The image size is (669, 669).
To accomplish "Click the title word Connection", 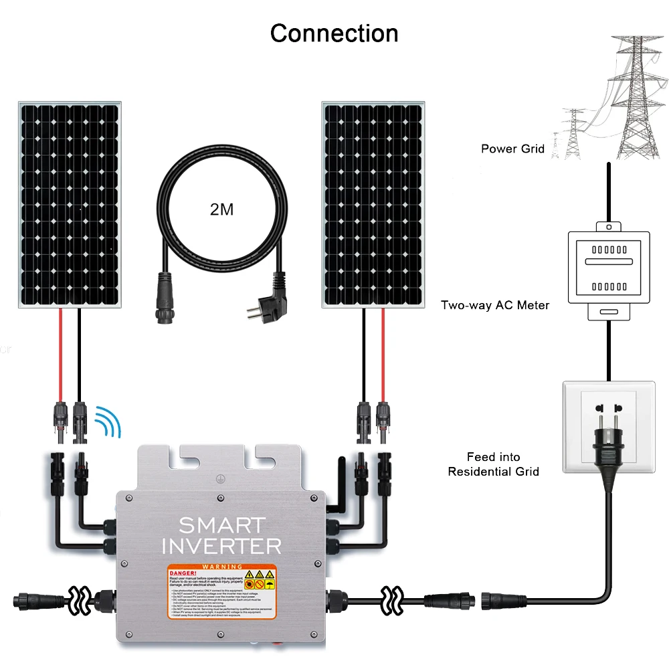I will [x=334, y=33].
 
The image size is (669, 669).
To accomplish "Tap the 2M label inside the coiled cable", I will [x=221, y=209].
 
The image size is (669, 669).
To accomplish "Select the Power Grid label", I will [x=512, y=149].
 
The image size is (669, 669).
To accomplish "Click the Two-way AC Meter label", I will [x=494, y=305].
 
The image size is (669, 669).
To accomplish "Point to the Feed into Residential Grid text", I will [x=493, y=464].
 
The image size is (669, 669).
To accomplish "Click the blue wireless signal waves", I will [x=107, y=422].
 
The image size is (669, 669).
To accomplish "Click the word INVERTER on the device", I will [x=221, y=546].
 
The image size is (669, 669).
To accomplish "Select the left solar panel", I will [x=70, y=205].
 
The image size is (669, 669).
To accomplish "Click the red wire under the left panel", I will [x=61, y=355].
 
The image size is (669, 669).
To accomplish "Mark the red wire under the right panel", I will [x=383, y=355].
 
